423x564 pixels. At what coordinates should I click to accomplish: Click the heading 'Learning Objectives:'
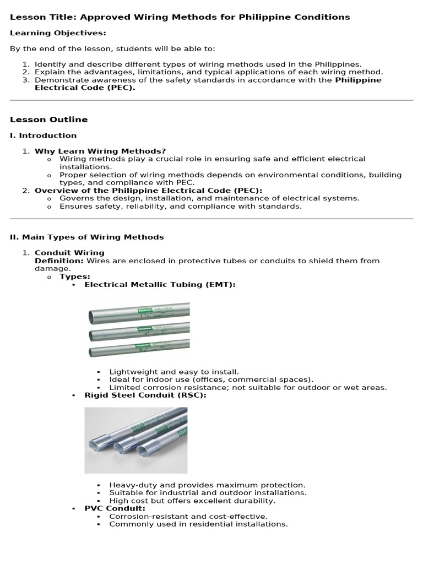58,33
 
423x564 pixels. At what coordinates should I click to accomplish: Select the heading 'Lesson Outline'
48,120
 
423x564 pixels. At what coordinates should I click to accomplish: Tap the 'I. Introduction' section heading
44,135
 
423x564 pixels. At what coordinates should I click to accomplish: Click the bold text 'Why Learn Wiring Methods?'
100,151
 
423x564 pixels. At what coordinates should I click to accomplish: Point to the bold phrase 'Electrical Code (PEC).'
85,88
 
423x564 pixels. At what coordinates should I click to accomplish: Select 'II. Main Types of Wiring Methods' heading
87,237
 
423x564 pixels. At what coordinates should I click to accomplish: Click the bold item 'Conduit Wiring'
69,253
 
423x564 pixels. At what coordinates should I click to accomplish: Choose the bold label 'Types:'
75,276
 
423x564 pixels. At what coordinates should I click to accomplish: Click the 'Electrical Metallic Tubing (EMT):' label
160,284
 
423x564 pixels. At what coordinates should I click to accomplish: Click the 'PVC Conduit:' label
115,508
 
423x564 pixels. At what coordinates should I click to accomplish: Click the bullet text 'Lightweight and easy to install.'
174,372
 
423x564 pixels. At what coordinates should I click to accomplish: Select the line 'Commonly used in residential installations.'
198,524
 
